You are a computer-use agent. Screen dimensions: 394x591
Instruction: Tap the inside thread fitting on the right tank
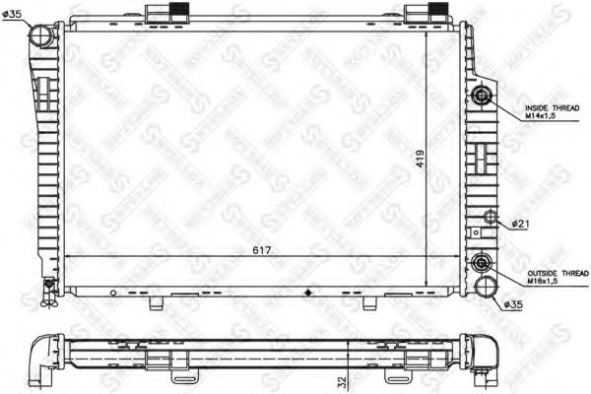482,97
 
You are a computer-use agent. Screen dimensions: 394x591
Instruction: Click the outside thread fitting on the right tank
482,263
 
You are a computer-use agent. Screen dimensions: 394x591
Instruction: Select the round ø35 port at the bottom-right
484,286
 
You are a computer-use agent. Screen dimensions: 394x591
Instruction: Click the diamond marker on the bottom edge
311,293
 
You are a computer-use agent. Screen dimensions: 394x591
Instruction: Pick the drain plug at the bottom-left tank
47,287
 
